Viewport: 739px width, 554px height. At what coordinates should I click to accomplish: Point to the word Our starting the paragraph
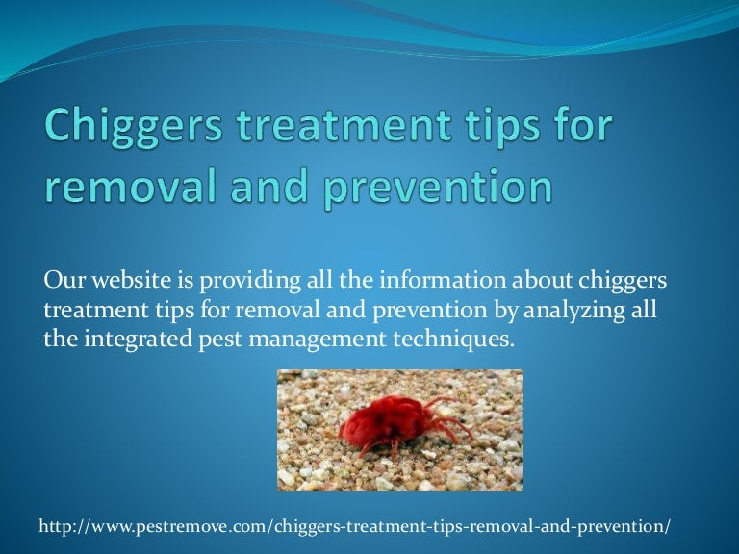pyautogui.click(x=61, y=281)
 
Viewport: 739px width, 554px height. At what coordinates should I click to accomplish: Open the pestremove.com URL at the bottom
pyautogui.click(x=354, y=527)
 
